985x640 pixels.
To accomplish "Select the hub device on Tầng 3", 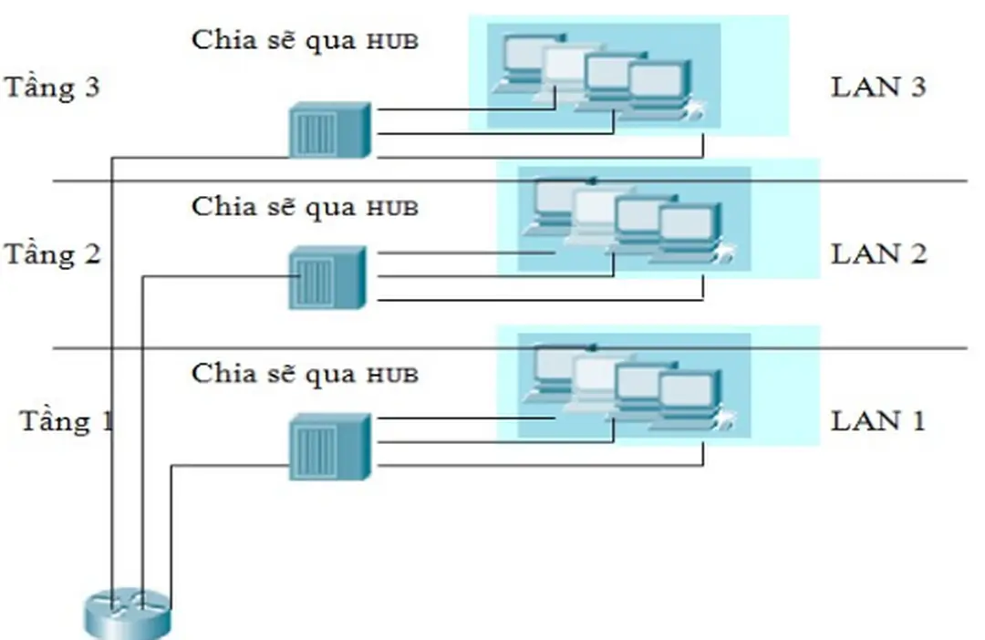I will [329, 129].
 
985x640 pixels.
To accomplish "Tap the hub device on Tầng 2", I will [327, 277].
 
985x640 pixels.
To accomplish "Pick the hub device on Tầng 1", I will [329, 447].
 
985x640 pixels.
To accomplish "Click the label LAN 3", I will [878, 88].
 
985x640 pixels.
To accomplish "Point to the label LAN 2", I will [878, 254].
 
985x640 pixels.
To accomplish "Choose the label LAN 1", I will [878, 420].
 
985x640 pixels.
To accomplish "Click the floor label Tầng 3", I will [52, 88].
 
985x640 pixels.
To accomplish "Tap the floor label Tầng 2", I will [52, 254].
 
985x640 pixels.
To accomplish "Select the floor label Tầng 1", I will [67, 421].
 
